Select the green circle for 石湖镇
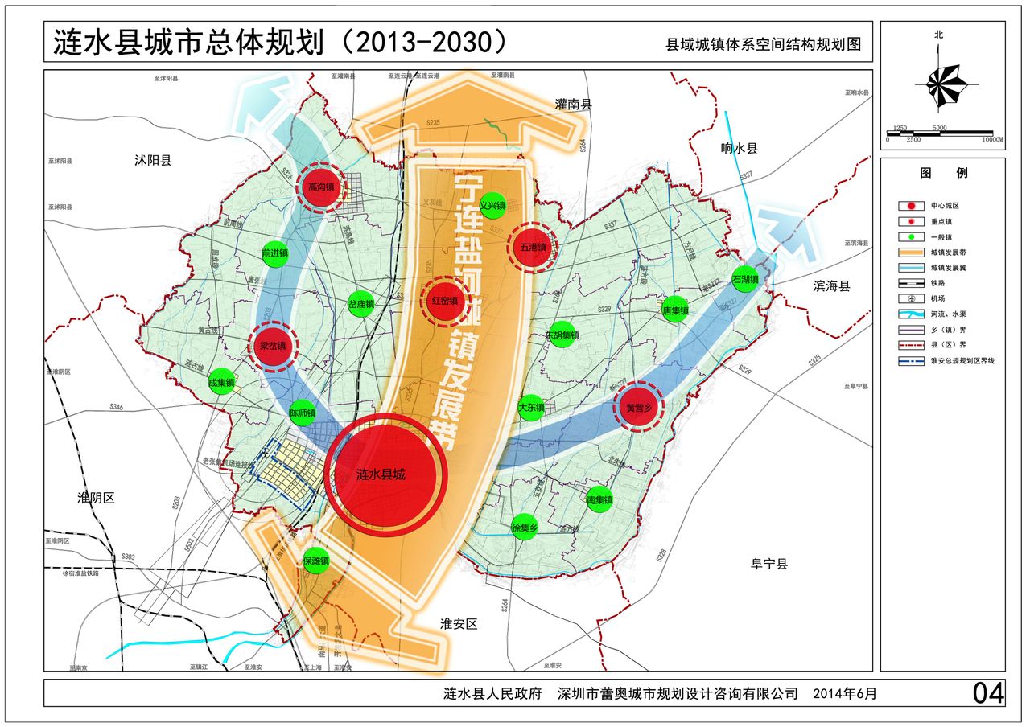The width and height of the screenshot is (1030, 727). pos(746,279)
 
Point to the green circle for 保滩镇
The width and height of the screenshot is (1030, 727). pos(315,561)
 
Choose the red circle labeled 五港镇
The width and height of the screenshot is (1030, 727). pos(533,247)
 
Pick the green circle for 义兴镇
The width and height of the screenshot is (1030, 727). pos(492,205)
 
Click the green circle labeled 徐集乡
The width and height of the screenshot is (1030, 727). pos(523,528)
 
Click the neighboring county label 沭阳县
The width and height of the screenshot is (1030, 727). pos(153,160)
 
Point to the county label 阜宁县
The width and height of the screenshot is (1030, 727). pos(769,564)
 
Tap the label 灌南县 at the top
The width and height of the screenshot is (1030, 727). pos(573,105)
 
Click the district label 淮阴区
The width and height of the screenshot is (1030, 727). pos(96,497)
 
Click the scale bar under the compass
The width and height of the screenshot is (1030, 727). pos(940,133)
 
